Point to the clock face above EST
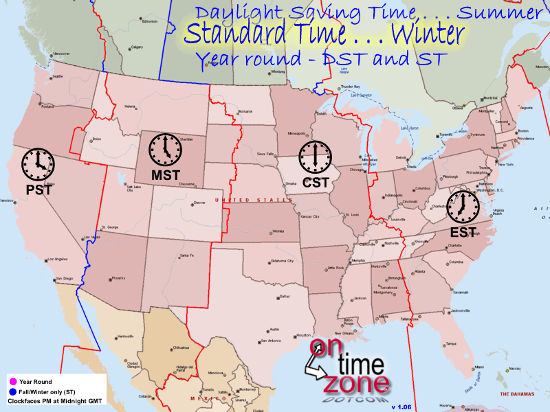(461, 205)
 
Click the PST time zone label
(39, 188)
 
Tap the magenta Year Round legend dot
(12, 380)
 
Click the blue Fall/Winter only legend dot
(12, 390)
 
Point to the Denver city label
(199, 203)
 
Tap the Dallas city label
(285, 297)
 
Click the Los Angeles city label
(58, 260)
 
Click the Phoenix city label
(118, 278)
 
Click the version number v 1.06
(401, 407)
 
